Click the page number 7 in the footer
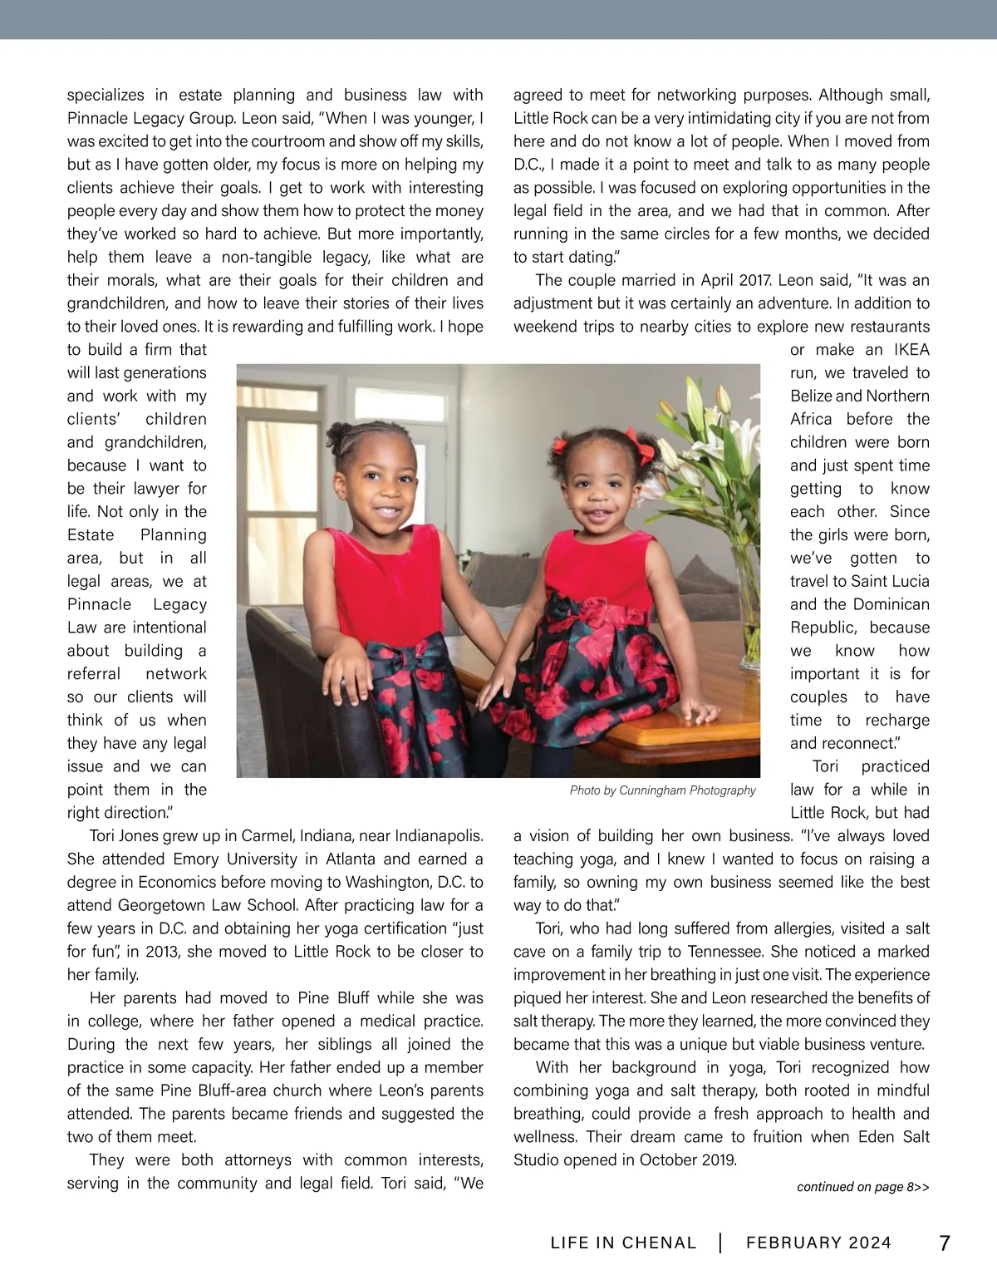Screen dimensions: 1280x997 pyautogui.click(x=944, y=1243)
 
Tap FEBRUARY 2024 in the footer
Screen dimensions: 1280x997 pyautogui.click(x=818, y=1243)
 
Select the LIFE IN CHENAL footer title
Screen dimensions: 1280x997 pyautogui.click(x=623, y=1243)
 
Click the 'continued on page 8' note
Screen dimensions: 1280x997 pyautogui.click(x=862, y=1187)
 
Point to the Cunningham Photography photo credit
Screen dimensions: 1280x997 pyautogui.click(x=663, y=790)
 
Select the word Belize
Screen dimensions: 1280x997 pyautogui.click(x=811, y=396)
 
